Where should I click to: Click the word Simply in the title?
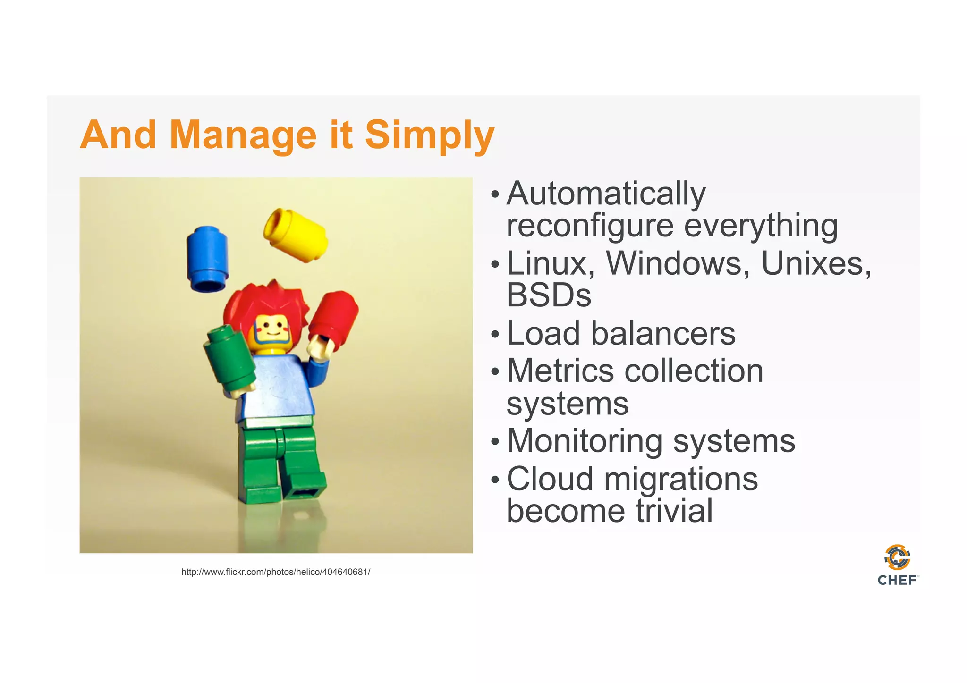[x=429, y=135]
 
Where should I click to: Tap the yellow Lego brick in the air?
[x=297, y=235]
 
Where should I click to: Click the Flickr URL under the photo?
[x=276, y=572]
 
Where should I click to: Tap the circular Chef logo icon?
[x=897, y=557]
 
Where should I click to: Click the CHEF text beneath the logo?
[x=897, y=581]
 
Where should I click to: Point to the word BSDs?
[x=549, y=295]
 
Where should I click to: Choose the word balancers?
[x=663, y=333]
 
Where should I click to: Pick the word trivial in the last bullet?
[x=673, y=511]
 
